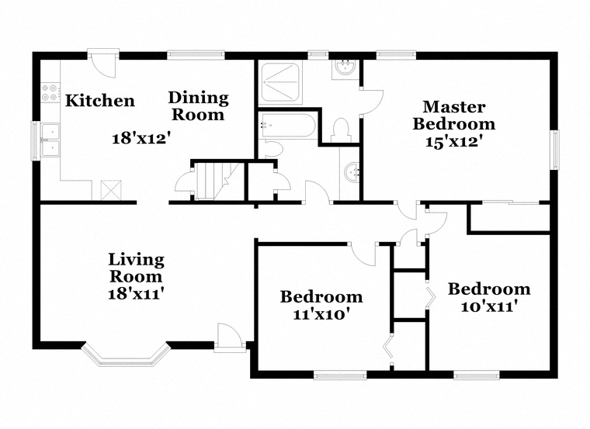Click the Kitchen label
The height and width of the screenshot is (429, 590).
(x=99, y=101)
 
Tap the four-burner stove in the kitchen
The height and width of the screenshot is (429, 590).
(x=50, y=92)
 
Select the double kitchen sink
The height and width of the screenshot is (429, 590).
(x=50, y=140)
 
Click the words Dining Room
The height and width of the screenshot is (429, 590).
(x=198, y=106)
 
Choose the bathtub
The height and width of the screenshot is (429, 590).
(x=288, y=126)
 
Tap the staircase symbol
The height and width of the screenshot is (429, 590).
(x=220, y=181)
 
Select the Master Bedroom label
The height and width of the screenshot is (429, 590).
(x=454, y=116)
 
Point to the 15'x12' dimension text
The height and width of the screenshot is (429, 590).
(x=454, y=142)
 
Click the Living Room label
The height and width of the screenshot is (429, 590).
(x=136, y=268)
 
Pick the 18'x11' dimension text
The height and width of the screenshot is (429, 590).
(x=136, y=294)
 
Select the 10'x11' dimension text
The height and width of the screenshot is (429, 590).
(x=488, y=306)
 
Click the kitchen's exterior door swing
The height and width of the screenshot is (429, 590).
(x=103, y=64)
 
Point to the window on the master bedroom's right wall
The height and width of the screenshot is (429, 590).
(x=554, y=150)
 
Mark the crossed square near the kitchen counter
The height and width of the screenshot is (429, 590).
(x=111, y=190)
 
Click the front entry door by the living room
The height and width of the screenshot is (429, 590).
(x=229, y=338)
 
